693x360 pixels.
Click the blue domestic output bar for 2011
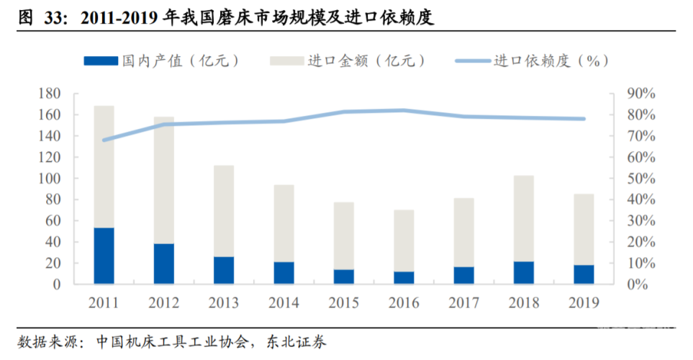point(104,256)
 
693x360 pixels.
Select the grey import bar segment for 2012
point(163,180)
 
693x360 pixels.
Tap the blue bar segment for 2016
point(404,277)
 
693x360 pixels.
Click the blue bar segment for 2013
point(224,270)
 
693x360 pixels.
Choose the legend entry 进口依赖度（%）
point(533,61)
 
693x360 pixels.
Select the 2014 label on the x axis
point(284,302)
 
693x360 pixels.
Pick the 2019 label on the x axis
point(583,302)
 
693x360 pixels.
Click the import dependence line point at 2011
point(104,140)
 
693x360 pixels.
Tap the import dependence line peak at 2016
point(404,110)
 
